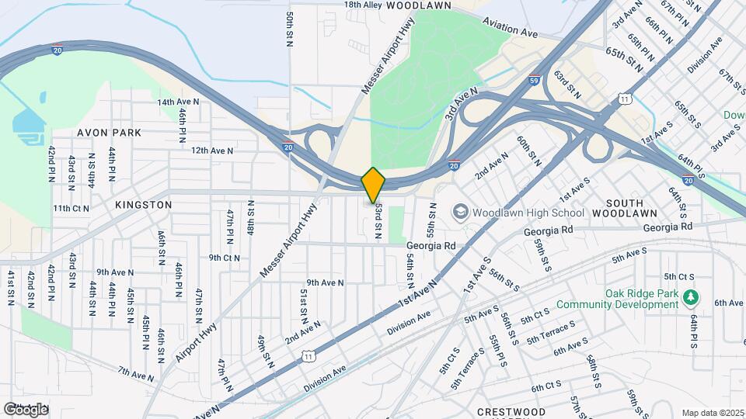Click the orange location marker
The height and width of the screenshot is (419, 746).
[x=373, y=185]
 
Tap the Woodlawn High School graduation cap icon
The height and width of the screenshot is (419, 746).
[x=460, y=212]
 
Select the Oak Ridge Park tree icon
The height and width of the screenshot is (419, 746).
[x=688, y=296]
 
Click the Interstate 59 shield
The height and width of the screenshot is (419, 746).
[x=534, y=79]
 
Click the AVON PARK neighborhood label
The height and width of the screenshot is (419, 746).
[x=109, y=133]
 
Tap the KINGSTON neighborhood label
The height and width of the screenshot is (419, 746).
[x=143, y=205]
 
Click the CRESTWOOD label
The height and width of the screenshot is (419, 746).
[x=511, y=411]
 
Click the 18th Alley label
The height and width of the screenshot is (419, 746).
[x=363, y=5]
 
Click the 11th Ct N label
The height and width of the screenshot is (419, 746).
[x=71, y=208]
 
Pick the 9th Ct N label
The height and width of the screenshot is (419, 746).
[x=224, y=258]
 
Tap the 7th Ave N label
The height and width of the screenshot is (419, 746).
[x=136, y=375]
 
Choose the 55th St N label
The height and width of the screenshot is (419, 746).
[x=432, y=220]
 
